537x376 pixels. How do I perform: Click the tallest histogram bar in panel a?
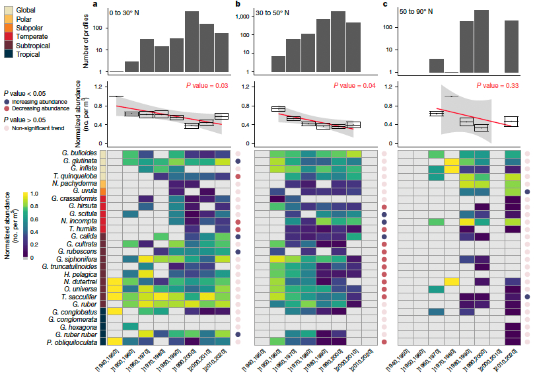192,42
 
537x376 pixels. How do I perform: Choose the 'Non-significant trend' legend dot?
7,127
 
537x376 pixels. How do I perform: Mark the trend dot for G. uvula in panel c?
527,192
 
